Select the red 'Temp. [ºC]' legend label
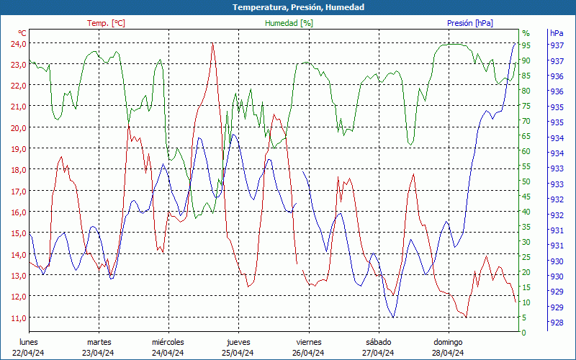106,23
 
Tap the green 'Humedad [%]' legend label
289,23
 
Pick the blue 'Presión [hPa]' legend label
470,23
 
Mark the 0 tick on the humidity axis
524,333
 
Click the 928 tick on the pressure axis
557,323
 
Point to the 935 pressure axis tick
557,107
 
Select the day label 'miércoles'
168,342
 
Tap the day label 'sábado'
378,342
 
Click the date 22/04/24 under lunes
29,353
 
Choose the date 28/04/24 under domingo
448,353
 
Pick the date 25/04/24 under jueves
238,353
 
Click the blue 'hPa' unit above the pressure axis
557,33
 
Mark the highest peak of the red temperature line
212,44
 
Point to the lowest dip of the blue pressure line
393,317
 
